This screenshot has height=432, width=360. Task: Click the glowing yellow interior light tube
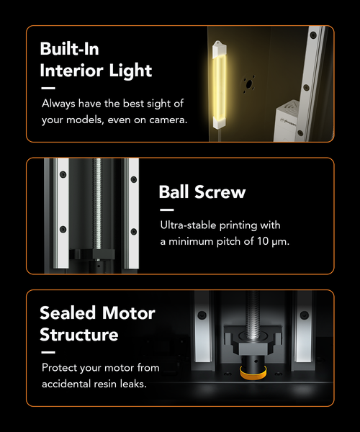pyautogui.click(x=220, y=85)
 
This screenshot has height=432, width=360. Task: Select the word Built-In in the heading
pyautogui.click(x=69, y=49)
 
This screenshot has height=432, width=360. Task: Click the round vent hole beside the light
pyautogui.click(x=249, y=84)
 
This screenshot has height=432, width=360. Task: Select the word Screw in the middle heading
pyautogui.click(x=220, y=192)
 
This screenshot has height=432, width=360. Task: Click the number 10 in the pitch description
pyautogui.click(x=263, y=241)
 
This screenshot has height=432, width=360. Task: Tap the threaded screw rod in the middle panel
pyautogui.click(x=97, y=204)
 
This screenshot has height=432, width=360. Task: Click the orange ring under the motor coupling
pyautogui.click(x=253, y=373)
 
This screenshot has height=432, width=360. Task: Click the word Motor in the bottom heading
pyautogui.click(x=129, y=313)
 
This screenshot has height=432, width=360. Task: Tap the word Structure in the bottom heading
pyautogui.click(x=79, y=335)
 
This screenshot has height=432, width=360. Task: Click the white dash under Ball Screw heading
pyautogui.click(x=167, y=210)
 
